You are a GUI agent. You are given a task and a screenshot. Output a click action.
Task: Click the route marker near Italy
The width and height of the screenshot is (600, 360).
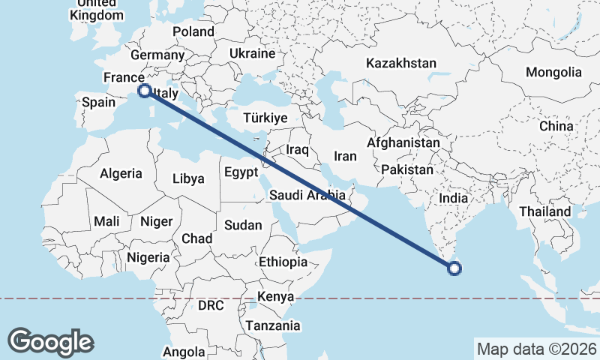[x=144, y=91]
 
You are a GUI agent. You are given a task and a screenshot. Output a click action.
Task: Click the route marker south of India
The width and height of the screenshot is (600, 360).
[x=454, y=268]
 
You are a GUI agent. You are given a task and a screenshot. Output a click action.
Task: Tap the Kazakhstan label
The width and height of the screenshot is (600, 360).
[x=400, y=63]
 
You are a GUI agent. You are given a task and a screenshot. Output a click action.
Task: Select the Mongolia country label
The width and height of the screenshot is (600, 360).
[x=553, y=72]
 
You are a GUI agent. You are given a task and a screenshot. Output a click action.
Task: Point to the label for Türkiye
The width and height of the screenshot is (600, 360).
[x=265, y=118]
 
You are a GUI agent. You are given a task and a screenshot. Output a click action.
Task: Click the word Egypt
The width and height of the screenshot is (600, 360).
[x=241, y=172]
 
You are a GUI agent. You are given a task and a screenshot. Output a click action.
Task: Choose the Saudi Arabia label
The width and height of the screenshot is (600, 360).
[x=308, y=196]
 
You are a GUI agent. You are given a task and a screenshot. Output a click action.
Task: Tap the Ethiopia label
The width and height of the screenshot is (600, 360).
[x=283, y=262]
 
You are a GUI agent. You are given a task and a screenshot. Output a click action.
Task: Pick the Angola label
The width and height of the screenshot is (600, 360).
[x=184, y=351]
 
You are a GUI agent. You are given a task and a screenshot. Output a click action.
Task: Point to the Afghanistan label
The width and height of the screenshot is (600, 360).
[x=403, y=142]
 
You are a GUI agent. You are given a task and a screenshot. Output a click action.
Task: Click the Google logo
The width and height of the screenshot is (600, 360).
[x=50, y=342]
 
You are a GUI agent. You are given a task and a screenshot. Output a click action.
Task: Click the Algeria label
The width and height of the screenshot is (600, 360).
[x=121, y=173]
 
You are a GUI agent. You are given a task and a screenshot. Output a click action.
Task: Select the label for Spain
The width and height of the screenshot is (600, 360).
[x=97, y=103]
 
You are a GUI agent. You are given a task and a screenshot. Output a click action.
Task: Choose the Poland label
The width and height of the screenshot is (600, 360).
[x=193, y=31]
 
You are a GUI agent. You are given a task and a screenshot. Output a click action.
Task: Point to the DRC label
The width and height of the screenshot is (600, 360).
[x=211, y=305]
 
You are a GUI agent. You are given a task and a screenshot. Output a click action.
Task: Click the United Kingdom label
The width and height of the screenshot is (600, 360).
[x=96, y=10]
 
